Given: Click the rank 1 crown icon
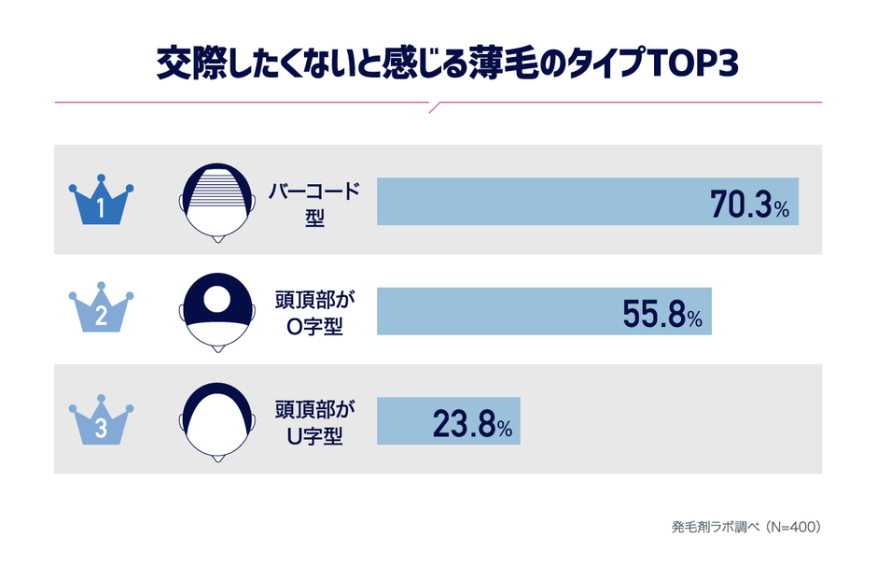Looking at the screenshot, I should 101,202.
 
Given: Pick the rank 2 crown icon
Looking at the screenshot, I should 101,311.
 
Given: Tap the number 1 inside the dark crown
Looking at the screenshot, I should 101,209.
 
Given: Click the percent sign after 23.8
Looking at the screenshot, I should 504,430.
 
